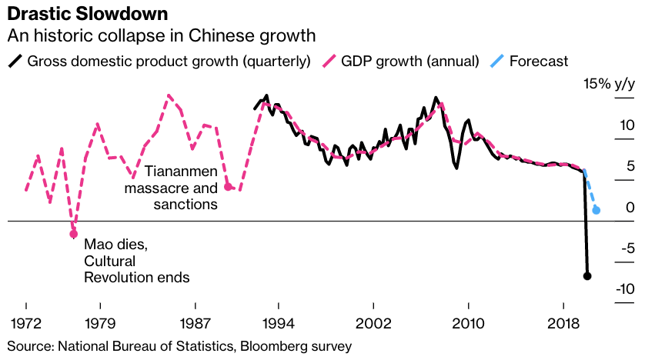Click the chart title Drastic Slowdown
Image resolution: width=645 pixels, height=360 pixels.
85,14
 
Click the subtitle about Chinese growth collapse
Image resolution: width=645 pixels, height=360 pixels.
162,35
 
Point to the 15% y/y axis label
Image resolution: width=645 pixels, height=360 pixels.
607,84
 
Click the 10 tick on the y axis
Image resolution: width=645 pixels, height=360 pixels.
627,125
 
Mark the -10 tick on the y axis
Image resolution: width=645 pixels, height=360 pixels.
623,290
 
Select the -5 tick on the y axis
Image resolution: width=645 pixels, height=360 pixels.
627,248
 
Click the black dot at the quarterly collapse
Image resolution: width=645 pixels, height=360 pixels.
587,275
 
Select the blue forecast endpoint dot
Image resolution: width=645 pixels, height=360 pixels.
597,210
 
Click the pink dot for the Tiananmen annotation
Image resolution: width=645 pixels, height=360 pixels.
228,186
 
